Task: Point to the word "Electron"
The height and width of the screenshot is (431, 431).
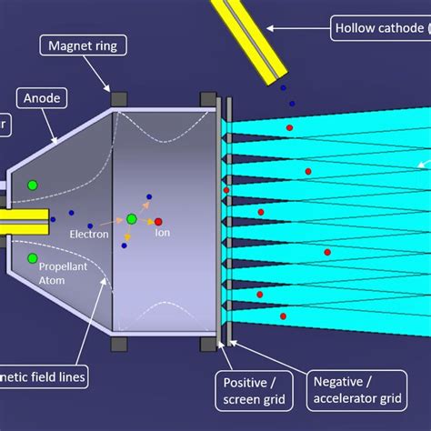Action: (x=89, y=235)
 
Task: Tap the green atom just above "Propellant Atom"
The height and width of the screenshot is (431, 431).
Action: (x=33, y=259)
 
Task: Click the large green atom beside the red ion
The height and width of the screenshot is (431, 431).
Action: (x=132, y=219)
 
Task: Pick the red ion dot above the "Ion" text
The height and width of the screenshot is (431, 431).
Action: (x=158, y=221)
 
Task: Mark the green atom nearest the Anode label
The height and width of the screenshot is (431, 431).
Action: (x=32, y=185)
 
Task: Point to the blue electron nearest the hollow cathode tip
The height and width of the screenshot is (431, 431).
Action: (x=282, y=88)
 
